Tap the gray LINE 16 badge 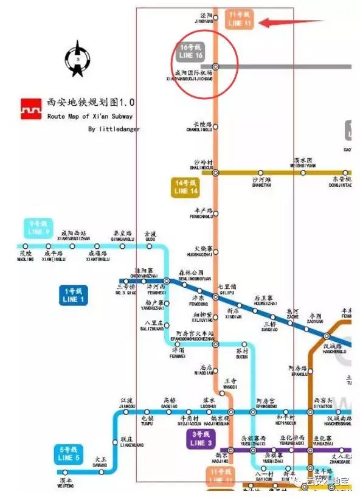click(x=191, y=51)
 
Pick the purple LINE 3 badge click(x=201, y=439)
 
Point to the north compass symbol click(x=78, y=59)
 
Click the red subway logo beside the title click(x=30, y=108)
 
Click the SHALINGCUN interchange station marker click(x=215, y=172)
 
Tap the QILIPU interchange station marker click(x=215, y=297)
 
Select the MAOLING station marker click(x=25, y=246)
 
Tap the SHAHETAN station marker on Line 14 click(x=260, y=173)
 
